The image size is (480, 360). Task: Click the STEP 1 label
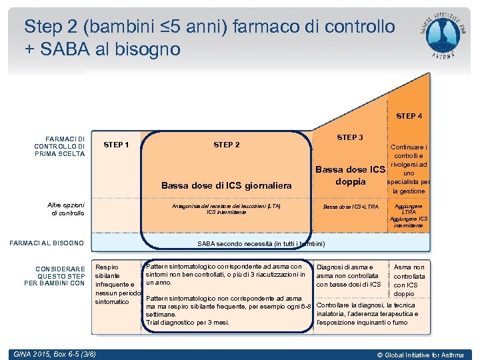(x=117, y=145)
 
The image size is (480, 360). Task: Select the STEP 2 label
(x=227, y=145)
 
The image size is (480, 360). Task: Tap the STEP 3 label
(x=350, y=137)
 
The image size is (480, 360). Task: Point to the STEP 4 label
(x=409, y=116)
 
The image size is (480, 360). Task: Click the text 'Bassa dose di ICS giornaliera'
(x=227, y=185)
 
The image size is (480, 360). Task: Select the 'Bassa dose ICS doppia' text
(x=351, y=175)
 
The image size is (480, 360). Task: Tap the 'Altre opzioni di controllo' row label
(x=66, y=209)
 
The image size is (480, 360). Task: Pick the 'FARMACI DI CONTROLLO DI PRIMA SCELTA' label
(x=60, y=146)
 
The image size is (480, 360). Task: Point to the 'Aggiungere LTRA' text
(x=409, y=209)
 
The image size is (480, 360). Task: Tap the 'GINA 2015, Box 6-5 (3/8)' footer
(x=53, y=353)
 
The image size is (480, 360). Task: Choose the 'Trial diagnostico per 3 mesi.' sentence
(x=187, y=323)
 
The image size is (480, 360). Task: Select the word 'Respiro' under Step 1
(x=107, y=267)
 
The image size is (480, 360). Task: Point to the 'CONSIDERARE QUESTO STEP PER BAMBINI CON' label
(x=60, y=276)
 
